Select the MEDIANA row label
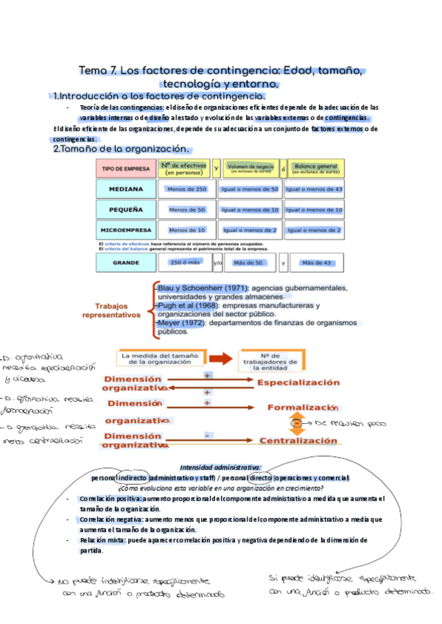click(125, 190)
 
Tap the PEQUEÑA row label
click(125, 210)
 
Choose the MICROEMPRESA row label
click(125, 230)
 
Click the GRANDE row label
click(125, 262)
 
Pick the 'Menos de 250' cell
click(187, 190)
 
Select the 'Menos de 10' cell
click(187, 230)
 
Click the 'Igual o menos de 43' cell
click(314, 190)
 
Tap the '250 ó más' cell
click(186, 262)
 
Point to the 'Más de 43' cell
click(317, 262)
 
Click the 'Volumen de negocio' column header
click(252, 169)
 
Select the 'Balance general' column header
click(315, 169)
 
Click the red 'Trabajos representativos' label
click(116, 310)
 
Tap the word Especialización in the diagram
click(298, 383)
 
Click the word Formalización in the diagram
click(302, 407)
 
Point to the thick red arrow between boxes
click(220, 359)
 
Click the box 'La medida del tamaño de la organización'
click(160, 359)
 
